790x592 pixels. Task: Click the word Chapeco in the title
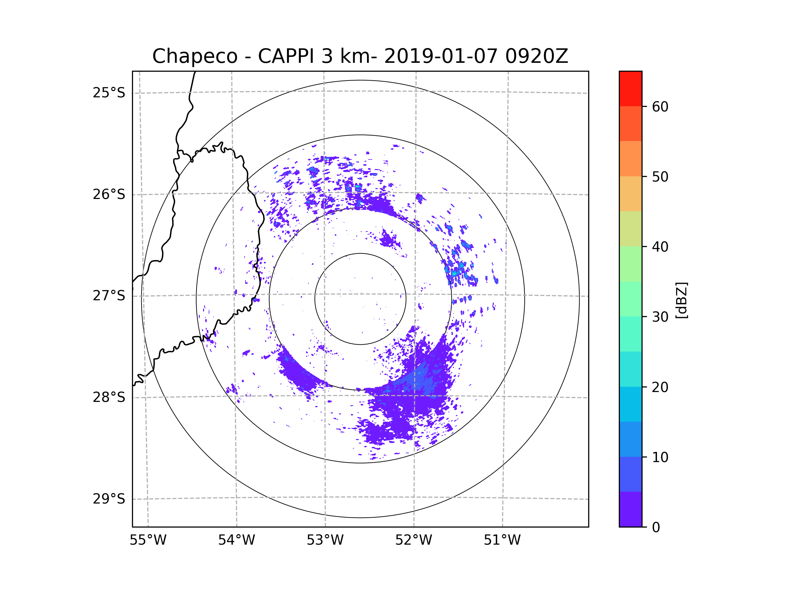[195, 56]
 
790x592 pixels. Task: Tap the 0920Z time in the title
[536, 56]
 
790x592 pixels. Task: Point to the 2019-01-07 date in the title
[441, 56]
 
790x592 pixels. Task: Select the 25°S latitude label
[109, 93]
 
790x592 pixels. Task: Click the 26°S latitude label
[109, 194]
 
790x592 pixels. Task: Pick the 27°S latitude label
[109, 296]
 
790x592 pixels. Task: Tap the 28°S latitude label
[109, 397]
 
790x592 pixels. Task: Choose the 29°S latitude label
[109, 499]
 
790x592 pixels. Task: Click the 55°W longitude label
[148, 540]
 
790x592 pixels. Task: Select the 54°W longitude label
[236, 540]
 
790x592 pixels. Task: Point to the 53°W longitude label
[325, 540]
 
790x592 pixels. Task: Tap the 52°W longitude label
[413, 540]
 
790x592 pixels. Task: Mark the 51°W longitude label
[502, 540]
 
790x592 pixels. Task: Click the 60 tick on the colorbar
[660, 107]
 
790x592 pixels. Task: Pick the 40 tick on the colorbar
[660, 247]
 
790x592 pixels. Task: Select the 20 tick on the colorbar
[660, 387]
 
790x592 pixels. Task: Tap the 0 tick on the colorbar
[656, 528]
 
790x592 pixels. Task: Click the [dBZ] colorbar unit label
[681, 301]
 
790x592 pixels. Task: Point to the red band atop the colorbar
[630, 88]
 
